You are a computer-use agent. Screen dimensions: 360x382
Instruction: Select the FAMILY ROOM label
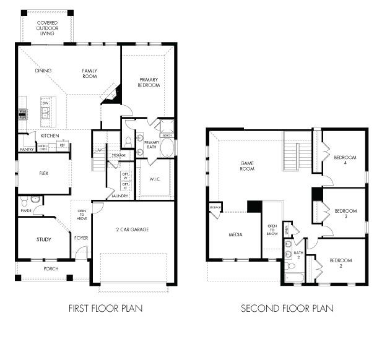90,74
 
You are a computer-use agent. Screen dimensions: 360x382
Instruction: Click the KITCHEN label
50,135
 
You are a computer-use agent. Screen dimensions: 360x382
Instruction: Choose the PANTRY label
26,149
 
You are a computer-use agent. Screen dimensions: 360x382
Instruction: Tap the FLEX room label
43,174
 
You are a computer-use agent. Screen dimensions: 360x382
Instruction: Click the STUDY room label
43,239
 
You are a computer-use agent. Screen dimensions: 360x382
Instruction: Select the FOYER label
81,237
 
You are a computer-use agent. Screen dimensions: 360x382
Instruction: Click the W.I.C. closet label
155,179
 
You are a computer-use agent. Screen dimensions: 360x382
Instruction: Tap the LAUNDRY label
119,196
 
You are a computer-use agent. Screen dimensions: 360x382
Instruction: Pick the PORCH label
51,269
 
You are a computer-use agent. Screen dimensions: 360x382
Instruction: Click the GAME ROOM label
248,166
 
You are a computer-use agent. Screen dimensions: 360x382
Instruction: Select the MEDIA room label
235,235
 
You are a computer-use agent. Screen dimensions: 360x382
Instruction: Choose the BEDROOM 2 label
340,263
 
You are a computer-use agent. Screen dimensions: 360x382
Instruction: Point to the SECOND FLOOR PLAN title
287,308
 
